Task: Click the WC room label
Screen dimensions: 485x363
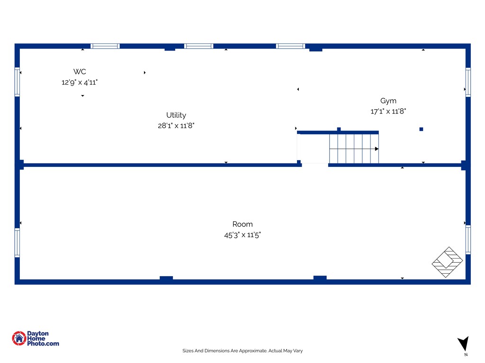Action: pyautogui.click(x=80, y=72)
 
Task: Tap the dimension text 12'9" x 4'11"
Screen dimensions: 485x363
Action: pyautogui.click(x=80, y=82)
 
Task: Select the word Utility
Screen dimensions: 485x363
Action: pyautogui.click(x=176, y=115)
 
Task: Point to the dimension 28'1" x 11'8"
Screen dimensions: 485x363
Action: pyautogui.click(x=176, y=126)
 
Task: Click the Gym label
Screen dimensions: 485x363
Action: pyautogui.click(x=388, y=101)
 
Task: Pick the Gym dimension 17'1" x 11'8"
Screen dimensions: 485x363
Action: pyautogui.click(x=388, y=111)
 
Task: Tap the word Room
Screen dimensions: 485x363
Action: pyautogui.click(x=242, y=224)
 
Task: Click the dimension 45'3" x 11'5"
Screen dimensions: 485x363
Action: pyautogui.click(x=242, y=235)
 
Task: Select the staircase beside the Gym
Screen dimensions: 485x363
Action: pyautogui.click(x=354, y=148)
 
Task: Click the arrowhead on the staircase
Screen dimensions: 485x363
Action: pyautogui.click(x=377, y=149)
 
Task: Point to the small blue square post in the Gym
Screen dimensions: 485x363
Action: pyautogui.click(x=421, y=130)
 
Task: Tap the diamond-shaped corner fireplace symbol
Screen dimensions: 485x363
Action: pyautogui.click(x=447, y=262)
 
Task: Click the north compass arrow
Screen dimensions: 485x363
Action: pyautogui.click(x=464, y=343)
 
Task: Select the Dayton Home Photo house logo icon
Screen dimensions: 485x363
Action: pyautogui.click(x=19, y=338)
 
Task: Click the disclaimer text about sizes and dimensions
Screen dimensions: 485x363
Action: pyautogui.click(x=242, y=351)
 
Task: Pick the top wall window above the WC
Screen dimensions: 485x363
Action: pyautogui.click(x=105, y=46)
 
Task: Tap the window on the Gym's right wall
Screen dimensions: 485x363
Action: pyautogui.click(x=468, y=82)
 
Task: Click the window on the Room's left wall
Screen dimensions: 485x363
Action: pyautogui.click(x=18, y=242)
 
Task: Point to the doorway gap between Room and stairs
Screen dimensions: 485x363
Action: pyautogui.click(x=315, y=165)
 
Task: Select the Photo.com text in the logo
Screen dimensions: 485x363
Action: pyautogui.click(x=43, y=344)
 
